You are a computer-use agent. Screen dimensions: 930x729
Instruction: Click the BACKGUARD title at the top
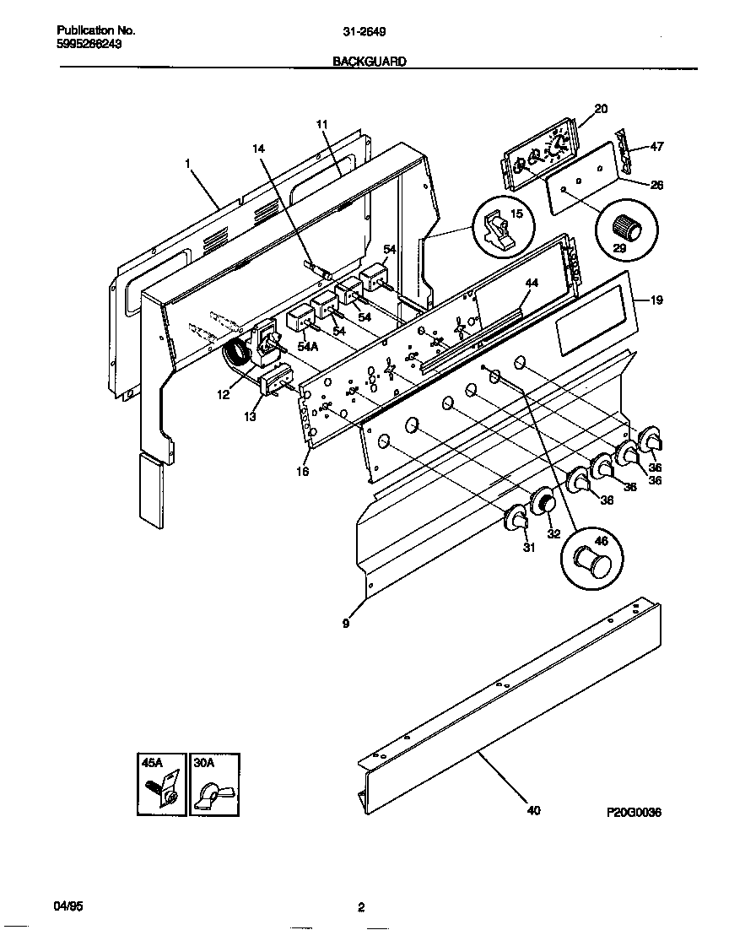370,62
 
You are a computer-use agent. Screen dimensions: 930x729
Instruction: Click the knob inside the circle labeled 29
626,226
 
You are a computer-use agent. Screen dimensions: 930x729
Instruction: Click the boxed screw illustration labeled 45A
161,784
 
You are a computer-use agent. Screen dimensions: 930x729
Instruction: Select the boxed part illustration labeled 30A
213,784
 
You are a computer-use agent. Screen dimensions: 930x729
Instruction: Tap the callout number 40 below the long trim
533,811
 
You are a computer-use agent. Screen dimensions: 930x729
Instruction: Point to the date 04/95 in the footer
67,907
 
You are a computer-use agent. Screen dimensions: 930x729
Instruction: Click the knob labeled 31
516,522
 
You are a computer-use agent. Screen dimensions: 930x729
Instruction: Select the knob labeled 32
543,505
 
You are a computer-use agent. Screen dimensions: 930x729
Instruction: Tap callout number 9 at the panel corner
346,624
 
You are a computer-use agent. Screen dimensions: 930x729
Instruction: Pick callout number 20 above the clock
601,108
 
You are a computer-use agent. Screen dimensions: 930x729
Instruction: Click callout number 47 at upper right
656,147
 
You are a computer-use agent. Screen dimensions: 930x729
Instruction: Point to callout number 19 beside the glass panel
656,300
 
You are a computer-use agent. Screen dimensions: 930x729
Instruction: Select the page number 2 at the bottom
361,908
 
